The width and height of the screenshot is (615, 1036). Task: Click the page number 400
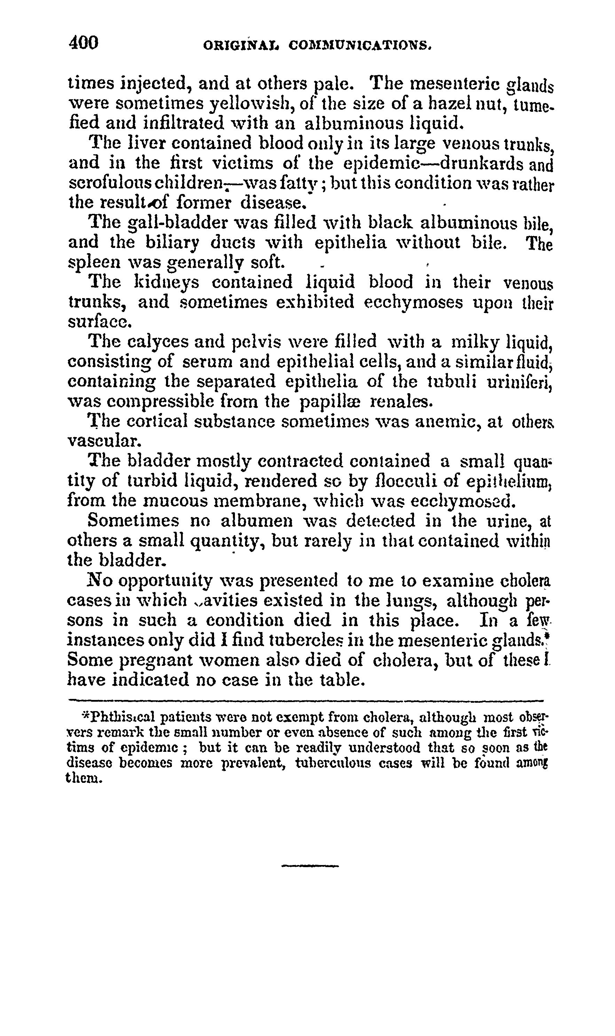pos(84,43)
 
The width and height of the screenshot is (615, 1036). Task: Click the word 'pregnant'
pos(156,660)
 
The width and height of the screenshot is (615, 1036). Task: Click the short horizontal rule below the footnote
pos(310,866)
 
